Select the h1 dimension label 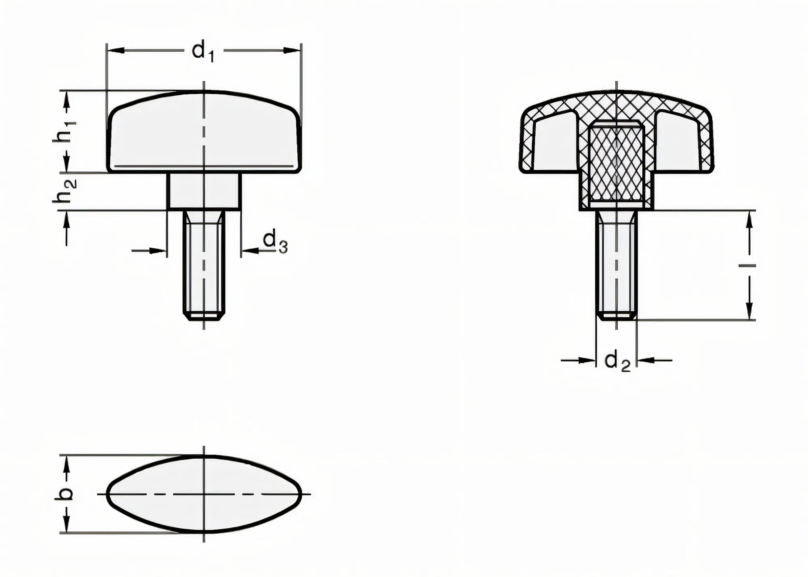(x=65, y=131)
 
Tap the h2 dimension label (x=65, y=191)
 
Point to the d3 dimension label (x=275, y=241)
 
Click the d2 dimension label (x=617, y=361)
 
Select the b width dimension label (x=65, y=494)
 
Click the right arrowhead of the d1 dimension (x=292, y=50)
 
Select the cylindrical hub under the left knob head (x=204, y=191)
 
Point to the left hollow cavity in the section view (x=555, y=143)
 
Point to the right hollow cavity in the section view (x=678, y=143)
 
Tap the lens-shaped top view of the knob (x=204, y=494)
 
